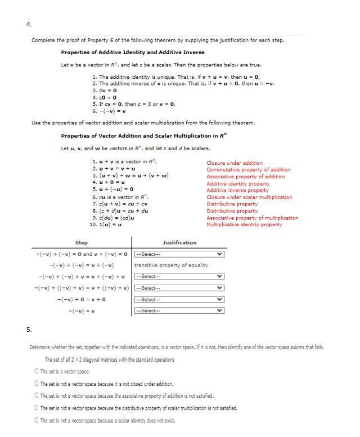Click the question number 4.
pyautogui.click(x=29, y=24)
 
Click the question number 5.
pyautogui.click(x=29, y=329)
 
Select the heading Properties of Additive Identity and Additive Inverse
pyautogui.click(x=133, y=52)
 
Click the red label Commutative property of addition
pyautogui.click(x=248, y=169)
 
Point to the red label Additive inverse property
pyautogui.click(x=237, y=190)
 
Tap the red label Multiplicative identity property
pyautogui.click(x=244, y=224)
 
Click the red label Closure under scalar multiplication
pyautogui.click(x=249, y=197)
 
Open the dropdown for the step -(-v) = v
pyautogui.click(x=178, y=310)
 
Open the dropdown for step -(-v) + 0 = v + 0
pyautogui.click(x=178, y=299)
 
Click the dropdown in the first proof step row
pyautogui.click(x=178, y=254)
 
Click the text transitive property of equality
pyautogui.click(x=171, y=265)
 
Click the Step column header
pyautogui.click(x=82, y=242)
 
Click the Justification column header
pyautogui.click(x=179, y=242)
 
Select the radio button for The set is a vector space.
pyautogui.click(x=37, y=371)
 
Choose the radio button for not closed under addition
pyautogui.click(x=37, y=384)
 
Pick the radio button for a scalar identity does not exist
pyautogui.click(x=37, y=420)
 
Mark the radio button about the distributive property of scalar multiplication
pyautogui.click(x=37, y=408)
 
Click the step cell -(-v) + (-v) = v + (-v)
pyautogui.click(x=82, y=265)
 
